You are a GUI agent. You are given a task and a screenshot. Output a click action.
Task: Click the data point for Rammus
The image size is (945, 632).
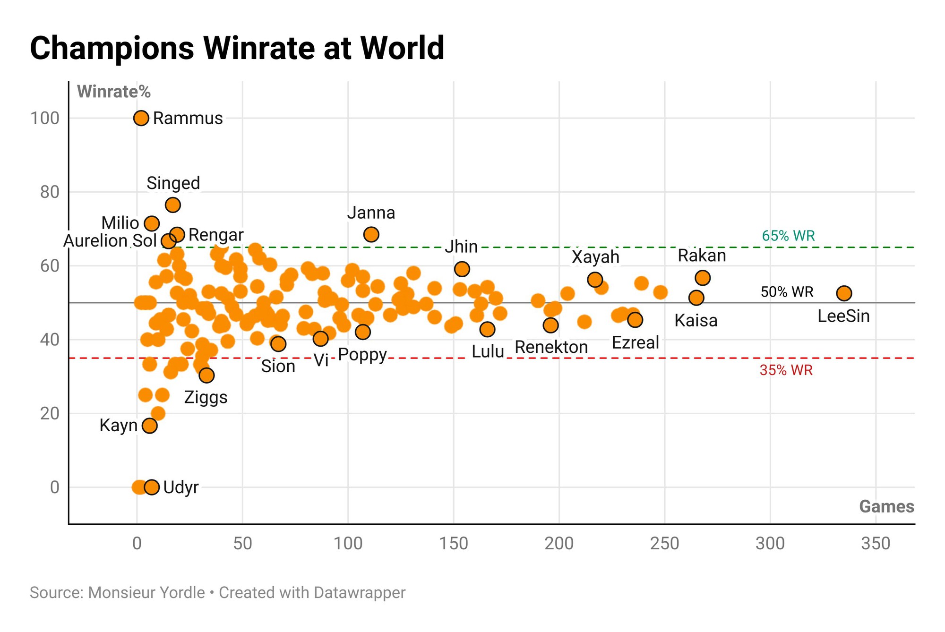pos(141,118)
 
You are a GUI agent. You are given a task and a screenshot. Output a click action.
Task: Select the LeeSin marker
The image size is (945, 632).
pos(844,293)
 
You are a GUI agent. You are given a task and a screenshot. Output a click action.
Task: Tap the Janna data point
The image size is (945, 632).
pos(371,234)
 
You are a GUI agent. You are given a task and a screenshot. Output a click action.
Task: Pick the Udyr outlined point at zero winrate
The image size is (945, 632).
pos(152,487)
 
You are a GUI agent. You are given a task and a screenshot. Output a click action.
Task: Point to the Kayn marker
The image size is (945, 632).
pos(150,426)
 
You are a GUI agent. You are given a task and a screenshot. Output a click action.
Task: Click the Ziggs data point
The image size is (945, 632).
pos(206,376)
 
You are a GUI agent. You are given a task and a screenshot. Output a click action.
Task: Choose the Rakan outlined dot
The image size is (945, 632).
pos(703,278)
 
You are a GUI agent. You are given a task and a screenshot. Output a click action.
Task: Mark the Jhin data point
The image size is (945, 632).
pos(462,269)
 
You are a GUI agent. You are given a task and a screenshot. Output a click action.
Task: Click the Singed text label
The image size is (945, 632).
pos(173,183)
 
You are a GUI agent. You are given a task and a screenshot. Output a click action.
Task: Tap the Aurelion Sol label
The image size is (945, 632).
pos(110,241)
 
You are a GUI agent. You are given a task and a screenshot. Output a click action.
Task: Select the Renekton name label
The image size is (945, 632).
pos(551,347)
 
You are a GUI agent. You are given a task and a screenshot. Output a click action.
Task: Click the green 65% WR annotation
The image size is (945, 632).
pos(788,236)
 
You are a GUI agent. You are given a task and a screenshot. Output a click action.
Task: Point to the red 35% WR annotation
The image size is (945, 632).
pos(786,370)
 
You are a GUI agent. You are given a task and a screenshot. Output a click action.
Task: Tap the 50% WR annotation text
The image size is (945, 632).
pos(787,292)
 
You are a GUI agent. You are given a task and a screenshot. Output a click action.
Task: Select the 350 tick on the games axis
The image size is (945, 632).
pos(876,544)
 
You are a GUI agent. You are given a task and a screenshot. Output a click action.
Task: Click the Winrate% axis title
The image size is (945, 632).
pos(114,92)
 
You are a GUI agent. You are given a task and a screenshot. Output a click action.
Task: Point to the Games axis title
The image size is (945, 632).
pos(886,507)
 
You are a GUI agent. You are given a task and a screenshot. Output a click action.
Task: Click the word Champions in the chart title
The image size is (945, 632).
pos(112,48)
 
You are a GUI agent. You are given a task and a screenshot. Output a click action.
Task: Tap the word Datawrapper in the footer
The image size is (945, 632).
pos(359,593)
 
